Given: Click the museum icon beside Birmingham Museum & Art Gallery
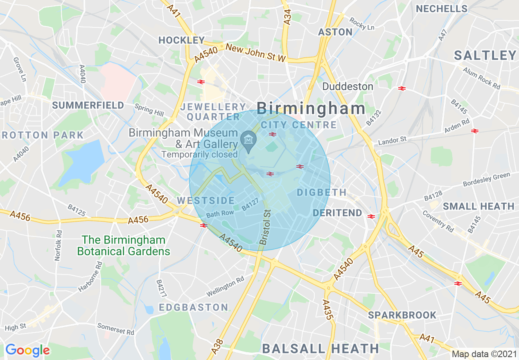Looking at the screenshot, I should point(248,139).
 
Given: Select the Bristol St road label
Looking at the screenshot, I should point(266,227).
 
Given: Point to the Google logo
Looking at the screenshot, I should point(27,350).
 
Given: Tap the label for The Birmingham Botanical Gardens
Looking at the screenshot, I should point(124,245).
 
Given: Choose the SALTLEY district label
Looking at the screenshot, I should point(485,56).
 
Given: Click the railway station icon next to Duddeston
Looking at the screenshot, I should point(402,88).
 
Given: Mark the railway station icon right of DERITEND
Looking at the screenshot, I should point(371,216).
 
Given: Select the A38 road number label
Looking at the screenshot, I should point(219,346).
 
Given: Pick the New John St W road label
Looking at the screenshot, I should point(255,53).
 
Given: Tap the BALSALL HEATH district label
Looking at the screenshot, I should point(320,349).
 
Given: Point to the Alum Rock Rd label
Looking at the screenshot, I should point(482,78).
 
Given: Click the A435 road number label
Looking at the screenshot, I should point(326,309).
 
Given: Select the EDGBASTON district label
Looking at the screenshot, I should point(194,307).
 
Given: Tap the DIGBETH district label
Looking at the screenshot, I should point(322,192).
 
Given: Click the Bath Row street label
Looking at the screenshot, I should point(220,214).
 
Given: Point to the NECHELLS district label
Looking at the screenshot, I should point(442,9).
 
